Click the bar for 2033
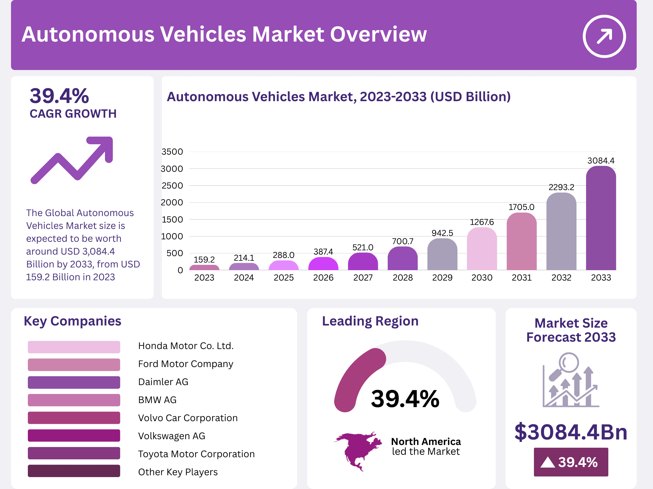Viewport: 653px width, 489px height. coord(601,219)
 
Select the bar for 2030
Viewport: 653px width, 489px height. coord(482,249)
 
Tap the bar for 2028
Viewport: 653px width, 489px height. coord(402,259)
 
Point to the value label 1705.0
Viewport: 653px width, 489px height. coord(521,207)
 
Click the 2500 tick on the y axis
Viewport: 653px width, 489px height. coord(172,186)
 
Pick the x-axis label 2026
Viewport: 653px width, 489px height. coord(323,278)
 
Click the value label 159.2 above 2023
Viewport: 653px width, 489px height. coord(204,259)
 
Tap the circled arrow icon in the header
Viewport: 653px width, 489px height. coord(604,36)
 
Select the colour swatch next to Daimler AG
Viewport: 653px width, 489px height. coord(74,382)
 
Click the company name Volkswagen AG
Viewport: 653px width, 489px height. coord(171,436)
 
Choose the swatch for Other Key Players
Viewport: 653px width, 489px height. coord(74,471)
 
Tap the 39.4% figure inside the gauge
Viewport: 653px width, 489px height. coord(405,399)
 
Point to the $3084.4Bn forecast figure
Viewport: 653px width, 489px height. coord(571,432)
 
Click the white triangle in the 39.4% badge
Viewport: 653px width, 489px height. coord(547,462)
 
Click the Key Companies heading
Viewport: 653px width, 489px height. coord(73,321)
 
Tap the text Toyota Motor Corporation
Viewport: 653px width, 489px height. coord(196,454)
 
